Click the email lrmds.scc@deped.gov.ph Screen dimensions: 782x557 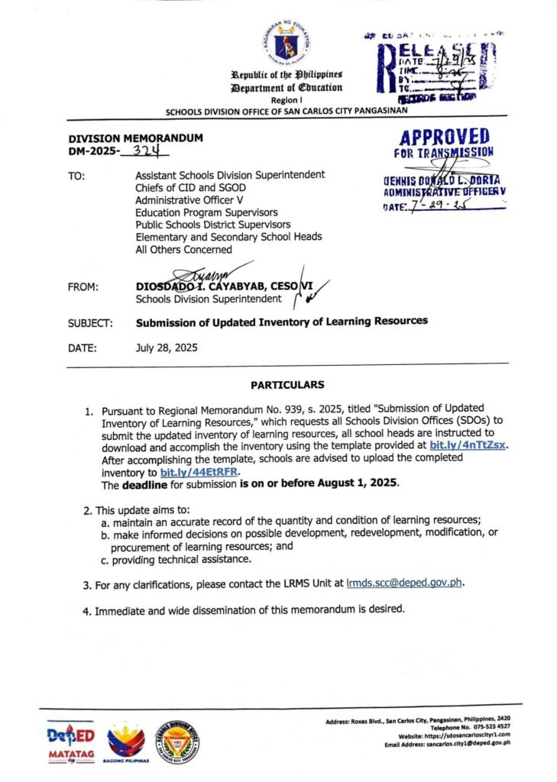pos(405,584)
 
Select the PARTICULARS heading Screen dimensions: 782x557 pos(287,385)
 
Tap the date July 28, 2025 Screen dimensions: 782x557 pos(167,347)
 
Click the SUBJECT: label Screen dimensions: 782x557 pos(90,323)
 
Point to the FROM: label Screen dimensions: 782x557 pos(83,287)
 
